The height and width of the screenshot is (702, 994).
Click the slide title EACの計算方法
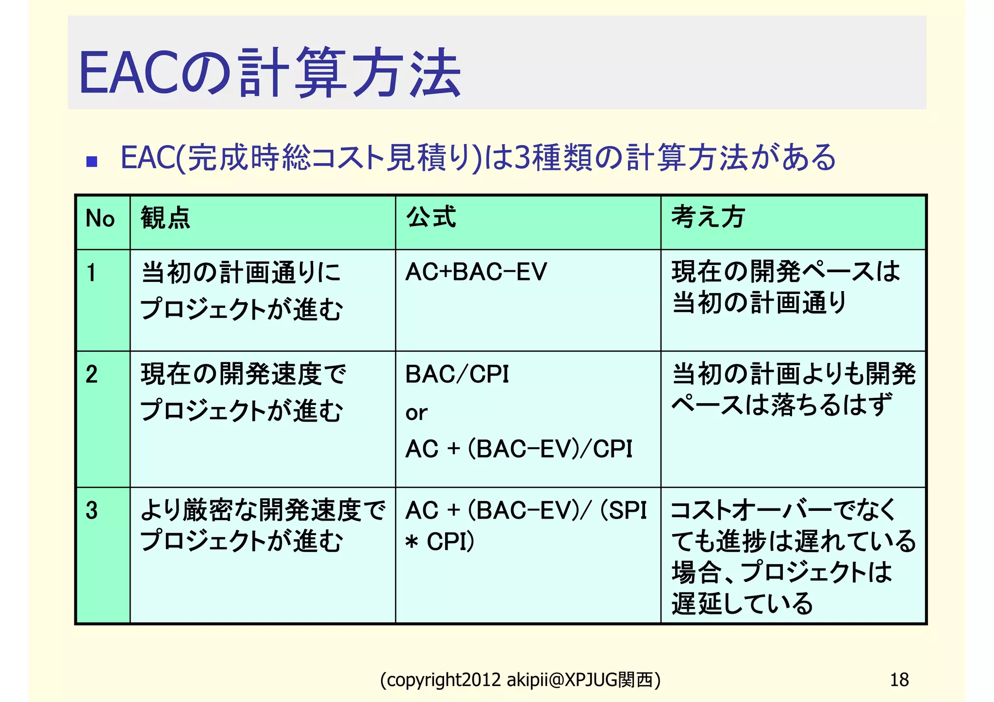269,73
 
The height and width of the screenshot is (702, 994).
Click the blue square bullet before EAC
92,161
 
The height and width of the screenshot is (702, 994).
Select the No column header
100,218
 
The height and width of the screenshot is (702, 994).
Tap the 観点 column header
165,217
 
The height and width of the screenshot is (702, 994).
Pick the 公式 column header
431,217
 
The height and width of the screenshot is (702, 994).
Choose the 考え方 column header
708,217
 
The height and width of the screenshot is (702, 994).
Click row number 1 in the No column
91,272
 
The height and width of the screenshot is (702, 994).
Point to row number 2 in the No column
92,374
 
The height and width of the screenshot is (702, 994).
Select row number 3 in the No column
92,510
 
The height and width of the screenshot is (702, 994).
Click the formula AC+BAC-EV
476,272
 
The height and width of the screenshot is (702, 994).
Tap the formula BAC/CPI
457,374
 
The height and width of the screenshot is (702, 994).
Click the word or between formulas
416,413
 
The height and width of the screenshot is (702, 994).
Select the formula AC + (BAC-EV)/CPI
518,449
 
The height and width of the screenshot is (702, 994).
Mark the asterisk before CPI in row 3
412,542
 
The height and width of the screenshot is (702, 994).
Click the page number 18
899,680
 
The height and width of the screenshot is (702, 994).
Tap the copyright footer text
520,680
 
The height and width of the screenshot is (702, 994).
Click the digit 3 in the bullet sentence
522,158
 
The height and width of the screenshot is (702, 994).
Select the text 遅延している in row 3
742,604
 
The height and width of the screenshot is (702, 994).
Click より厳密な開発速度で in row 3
263,510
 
